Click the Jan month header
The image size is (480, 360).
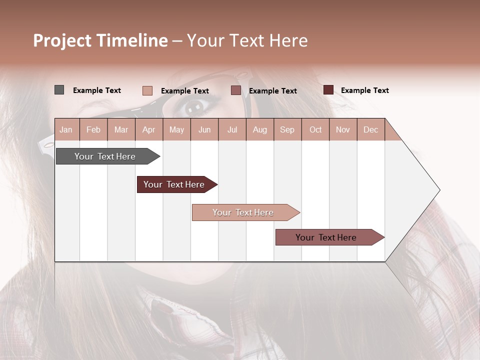tap(66, 129)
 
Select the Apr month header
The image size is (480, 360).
tap(149, 129)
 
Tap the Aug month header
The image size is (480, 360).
tap(260, 129)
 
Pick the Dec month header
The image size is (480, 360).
tap(371, 129)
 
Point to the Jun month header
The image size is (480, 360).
tap(204, 129)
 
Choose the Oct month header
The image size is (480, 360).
tap(315, 129)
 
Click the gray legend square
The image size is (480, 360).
tap(59, 90)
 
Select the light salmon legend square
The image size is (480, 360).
tap(147, 90)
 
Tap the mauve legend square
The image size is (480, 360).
tap(236, 90)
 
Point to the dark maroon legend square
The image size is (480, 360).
tap(328, 90)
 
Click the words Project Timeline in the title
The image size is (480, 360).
tap(100, 40)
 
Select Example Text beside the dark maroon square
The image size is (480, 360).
tap(364, 90)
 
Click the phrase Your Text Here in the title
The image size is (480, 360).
tap(247, 40)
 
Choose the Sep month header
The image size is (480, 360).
tap(287, 129)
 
